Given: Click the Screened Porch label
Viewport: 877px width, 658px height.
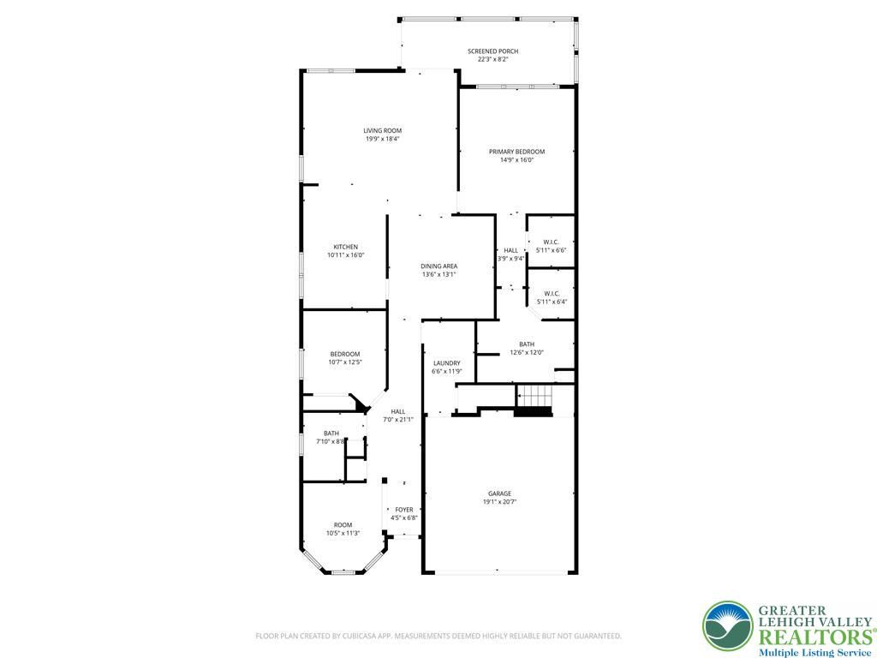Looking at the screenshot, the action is click(x=492, y=51).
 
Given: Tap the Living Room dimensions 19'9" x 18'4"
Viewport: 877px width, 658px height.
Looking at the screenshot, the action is click(x=383, y=139).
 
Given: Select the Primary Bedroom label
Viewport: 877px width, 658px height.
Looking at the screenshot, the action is click(x=516, y=152).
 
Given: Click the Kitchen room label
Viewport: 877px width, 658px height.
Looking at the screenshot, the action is click(x=346, y=247).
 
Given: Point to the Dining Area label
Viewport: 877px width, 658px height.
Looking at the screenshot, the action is click(x=439, y=266).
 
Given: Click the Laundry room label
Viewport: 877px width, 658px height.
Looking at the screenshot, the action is click(x=446, y=363).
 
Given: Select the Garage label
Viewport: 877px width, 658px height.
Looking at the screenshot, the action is click(x=499, y=493).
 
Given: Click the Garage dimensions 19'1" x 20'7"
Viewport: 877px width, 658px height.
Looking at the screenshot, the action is click(x=499, y=502).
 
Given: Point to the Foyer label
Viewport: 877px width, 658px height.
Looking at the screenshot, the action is click(x=404, y=510).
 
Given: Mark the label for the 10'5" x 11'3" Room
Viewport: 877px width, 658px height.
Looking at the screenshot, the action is click(x=343, y=525).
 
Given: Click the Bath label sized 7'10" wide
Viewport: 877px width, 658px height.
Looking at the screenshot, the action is click(x=331, y=433).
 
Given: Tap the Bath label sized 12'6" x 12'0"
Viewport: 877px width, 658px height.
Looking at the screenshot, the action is click(x=527, y=344).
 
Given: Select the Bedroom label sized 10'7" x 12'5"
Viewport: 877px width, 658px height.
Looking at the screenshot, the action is click(x=345, y=354).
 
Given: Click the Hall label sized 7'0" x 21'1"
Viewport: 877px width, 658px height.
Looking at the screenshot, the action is click(x=398, y=412).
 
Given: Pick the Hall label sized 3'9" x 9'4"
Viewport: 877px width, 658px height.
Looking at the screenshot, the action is click(x=510, y=251).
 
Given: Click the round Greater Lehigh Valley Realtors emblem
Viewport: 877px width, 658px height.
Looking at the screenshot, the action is click(x=728, y=626).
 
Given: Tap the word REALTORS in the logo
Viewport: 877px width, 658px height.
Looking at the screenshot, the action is click(x=814, y=637).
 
